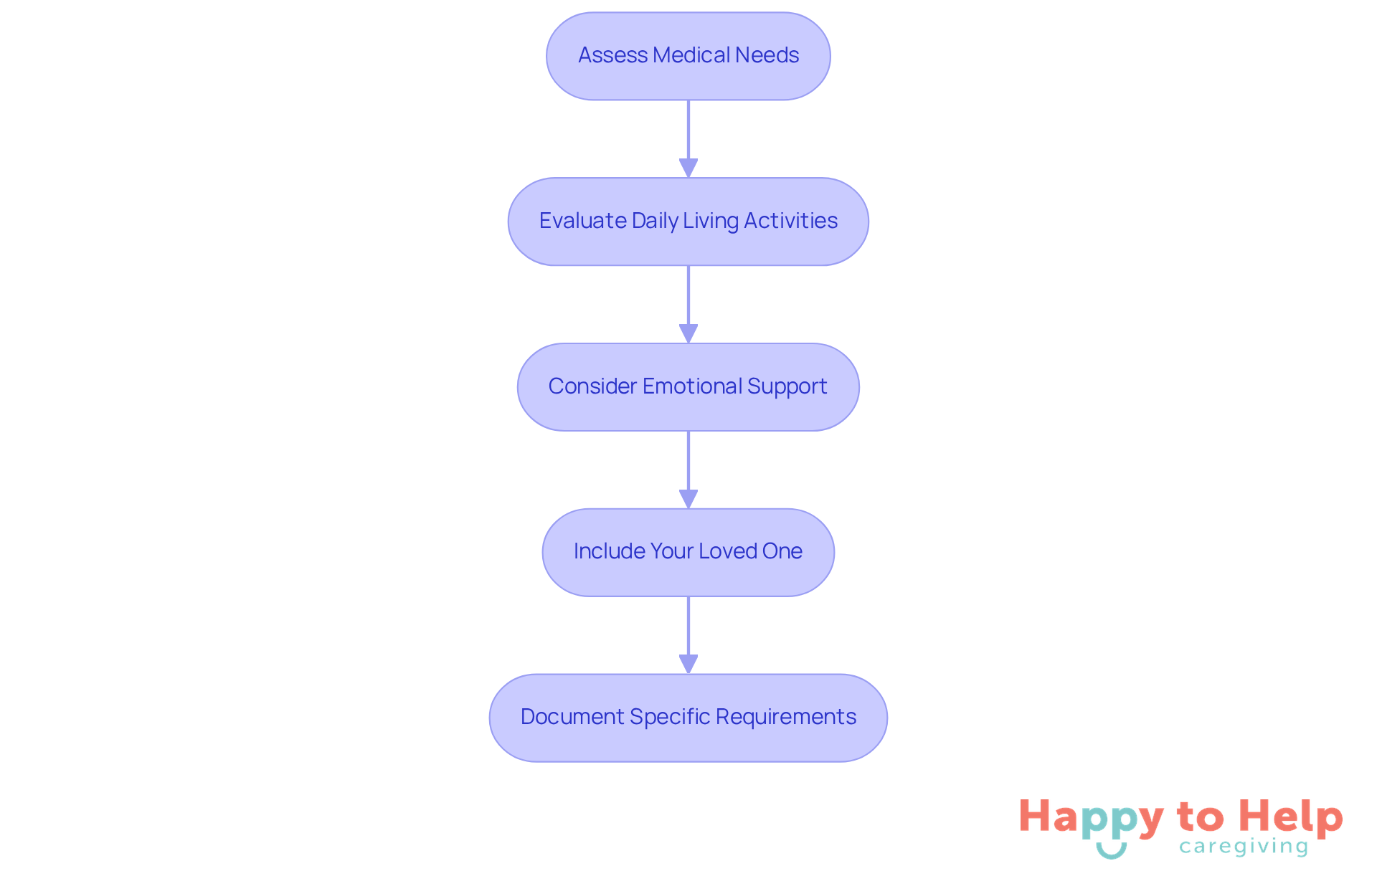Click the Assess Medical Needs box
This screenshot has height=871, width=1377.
click(x=688, y=56)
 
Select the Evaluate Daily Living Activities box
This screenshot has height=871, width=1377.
click(x=688, y=222)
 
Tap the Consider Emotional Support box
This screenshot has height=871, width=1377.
click(x=688, y=387)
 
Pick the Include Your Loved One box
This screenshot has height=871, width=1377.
click(x=688, y=552)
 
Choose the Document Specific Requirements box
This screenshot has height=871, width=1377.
click(x=688, y=718)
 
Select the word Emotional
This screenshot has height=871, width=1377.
click(x=692, y=386)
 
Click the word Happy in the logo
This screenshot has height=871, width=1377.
click(x=1091, y=818)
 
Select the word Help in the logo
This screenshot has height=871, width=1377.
click(x=1290, y=817)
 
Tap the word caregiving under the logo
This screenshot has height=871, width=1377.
click(x=1244, y=847)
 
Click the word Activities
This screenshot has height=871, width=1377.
click(x=790, y=221)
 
